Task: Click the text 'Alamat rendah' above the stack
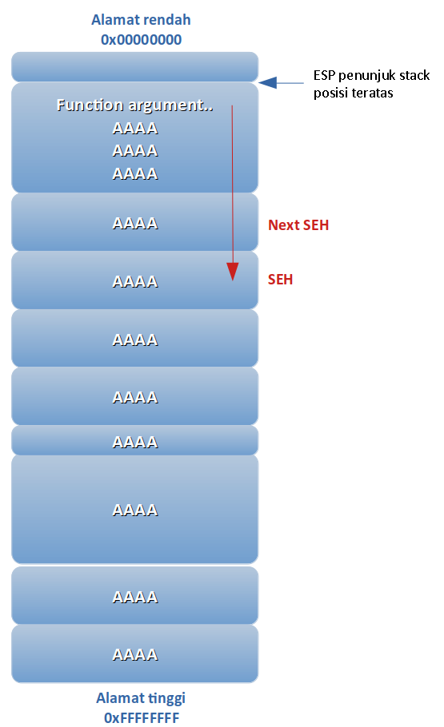(x=141, y=20)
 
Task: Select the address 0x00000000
(x=141, y=40)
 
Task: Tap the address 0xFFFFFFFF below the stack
(x=142, y=717)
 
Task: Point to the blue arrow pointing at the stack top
(x=281, y=83)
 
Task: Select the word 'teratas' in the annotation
(x=374, y=93)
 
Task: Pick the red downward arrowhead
(x=232, y=272)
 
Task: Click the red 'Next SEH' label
(x=298, y=224)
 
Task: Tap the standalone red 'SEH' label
(x=280, y=279)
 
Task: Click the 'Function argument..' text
(x=134, y=105)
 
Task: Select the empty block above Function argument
(x=134, y=67)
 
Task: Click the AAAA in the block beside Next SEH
(x=135, y=224)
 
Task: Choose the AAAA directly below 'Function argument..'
(x=135, y=128)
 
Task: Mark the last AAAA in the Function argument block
(x=135, y=174)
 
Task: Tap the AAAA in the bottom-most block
(x=135, y=654)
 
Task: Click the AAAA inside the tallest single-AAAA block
(x=135, y=510)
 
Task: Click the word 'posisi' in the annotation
(x=333, y=93)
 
